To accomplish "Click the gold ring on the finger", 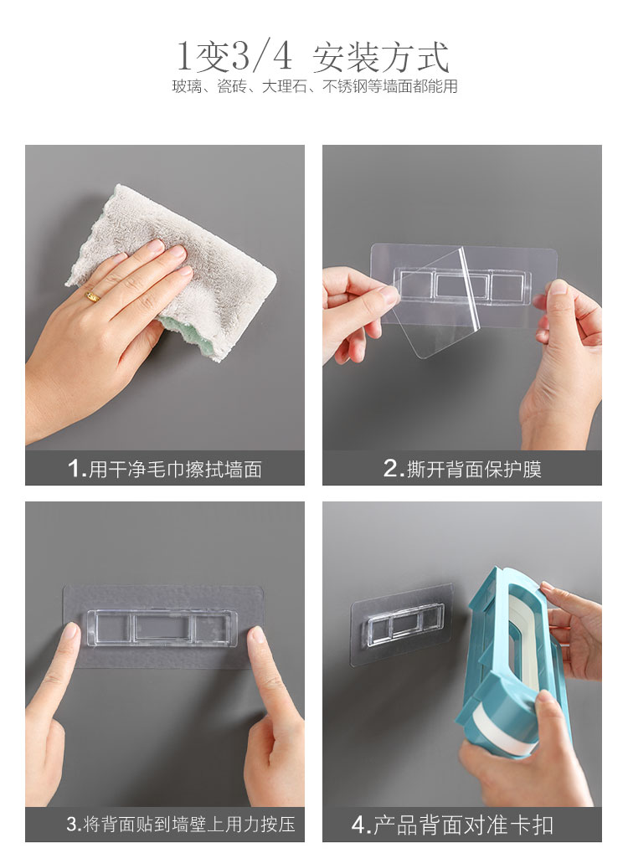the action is pos(93,296).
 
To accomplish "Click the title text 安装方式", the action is pos(381,57).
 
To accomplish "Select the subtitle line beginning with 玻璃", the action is pos(315,86).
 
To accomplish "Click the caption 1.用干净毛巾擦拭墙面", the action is pos(165,469).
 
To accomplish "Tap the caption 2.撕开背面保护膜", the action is pos(462,469).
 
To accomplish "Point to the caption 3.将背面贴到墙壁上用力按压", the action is pos(181,824).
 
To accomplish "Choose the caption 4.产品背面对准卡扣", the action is pos(452,825).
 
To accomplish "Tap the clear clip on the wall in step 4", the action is pos(404,624).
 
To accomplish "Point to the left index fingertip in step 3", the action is pos(70,632).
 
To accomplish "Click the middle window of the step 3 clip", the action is pos(162,627).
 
